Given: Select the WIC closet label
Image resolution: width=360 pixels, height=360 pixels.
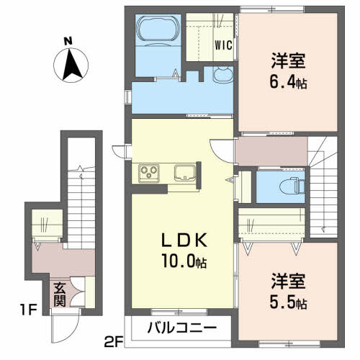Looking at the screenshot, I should tap(222, 45).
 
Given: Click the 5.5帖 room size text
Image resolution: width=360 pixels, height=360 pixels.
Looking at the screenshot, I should tap(289, 300).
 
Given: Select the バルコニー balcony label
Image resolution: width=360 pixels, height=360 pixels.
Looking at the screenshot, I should tap(182, 328).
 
